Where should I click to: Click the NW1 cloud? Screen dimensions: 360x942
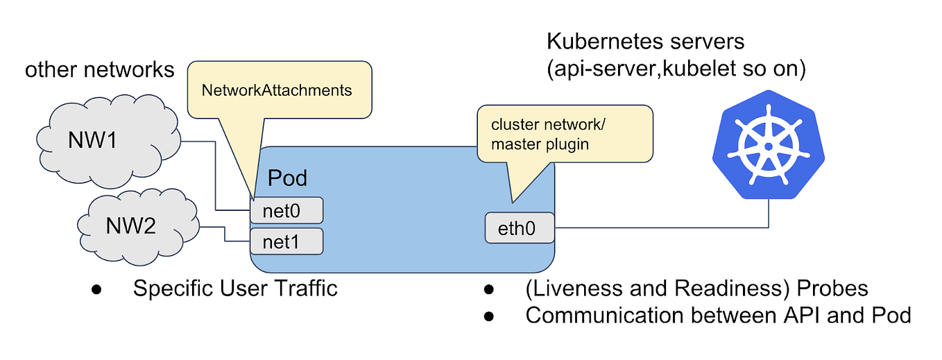(x=104, y=142)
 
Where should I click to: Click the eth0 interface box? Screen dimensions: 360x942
(x=520, y=228)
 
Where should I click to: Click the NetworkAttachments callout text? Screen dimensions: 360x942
(x=276, y=90)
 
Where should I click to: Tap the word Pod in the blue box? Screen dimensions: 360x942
(x=287, y=178)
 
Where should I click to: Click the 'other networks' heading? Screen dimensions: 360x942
(x=100, y=70)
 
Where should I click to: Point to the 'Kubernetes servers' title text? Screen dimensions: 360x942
(x=645, y=41)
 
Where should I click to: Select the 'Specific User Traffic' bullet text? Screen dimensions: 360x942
(x=235, y=288)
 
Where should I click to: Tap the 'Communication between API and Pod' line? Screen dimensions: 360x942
(x=718, y=315)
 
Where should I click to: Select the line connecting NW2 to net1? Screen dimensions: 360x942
(x=225, y=234)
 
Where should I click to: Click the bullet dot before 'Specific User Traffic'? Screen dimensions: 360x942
(x=96, y=289)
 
